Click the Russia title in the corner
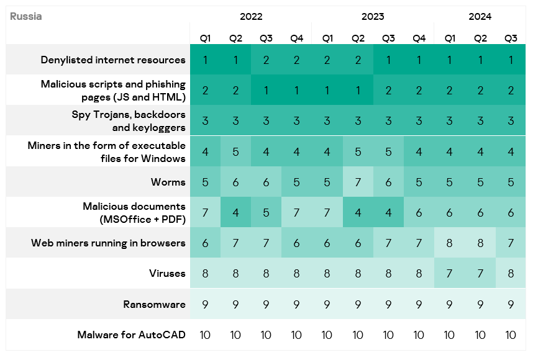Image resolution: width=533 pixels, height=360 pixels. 26,17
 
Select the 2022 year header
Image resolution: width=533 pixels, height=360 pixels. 251,17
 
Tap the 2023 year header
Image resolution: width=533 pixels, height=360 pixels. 373,17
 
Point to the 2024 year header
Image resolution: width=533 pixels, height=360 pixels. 480,17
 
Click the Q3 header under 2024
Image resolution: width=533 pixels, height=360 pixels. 511,38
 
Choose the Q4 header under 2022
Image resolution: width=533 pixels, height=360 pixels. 296,38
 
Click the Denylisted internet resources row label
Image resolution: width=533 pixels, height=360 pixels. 113,60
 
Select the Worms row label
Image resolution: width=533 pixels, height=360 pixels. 168,182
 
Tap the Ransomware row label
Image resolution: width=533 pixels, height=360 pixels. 154,304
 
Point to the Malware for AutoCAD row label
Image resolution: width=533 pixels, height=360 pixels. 131,335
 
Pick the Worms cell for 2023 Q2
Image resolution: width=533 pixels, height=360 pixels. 358,182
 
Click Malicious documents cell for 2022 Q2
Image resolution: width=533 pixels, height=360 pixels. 235,212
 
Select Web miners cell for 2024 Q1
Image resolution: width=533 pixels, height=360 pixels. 449,243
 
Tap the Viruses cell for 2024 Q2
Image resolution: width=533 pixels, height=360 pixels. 480,274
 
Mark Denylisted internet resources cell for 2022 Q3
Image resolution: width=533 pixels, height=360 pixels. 266,60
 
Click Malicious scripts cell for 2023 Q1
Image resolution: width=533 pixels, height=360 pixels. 327,91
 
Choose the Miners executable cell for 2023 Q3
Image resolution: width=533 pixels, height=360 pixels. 388,151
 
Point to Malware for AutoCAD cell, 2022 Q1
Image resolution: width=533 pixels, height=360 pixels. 205,335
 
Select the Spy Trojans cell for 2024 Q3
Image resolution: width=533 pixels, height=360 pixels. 511,121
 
